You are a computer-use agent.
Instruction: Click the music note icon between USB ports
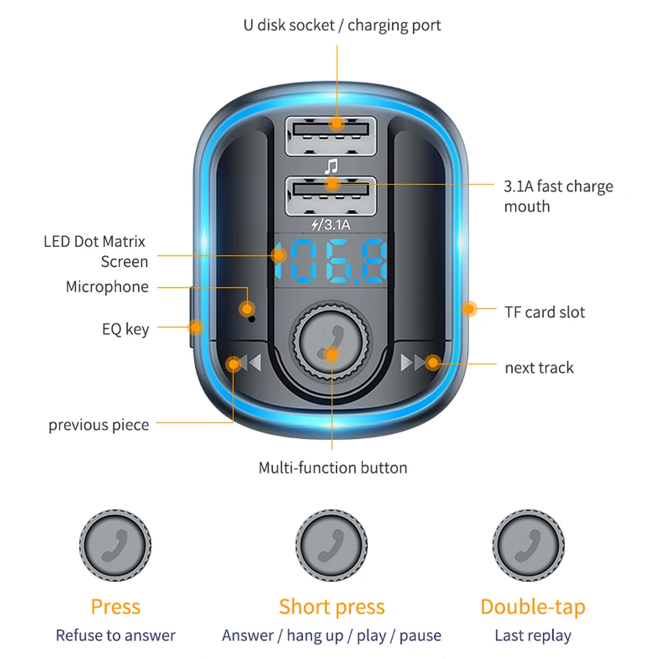pyautogui.click(x=330, y=165)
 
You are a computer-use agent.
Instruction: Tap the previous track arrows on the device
pyautogui.click(x=245, y=363)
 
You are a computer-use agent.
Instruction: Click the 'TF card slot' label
pyautogui.click(x=544, y=312)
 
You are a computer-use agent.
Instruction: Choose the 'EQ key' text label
pyautogui.click(x=126, y=329)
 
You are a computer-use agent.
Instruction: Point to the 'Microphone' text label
pyautogui.click(x=107, y=287)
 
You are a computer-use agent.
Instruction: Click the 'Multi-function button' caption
pyautogui.click(x=332, y=468)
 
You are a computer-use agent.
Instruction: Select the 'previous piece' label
pyautogui.click(x=98, y=425)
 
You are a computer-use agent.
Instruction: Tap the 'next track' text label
pyautogui.click(x=538, y=368)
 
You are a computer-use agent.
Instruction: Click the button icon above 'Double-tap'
pyautogui.click(x=529, y=544)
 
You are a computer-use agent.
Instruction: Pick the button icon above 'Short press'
pyautogui.click(x=331, y=544)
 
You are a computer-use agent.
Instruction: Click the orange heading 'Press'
pyautogui.click(x=115, y=606)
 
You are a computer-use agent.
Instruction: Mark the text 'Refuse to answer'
pyautogui.click(x=115, y=636)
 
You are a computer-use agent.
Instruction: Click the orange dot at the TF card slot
pyautogui.click(x=469, y=309)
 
